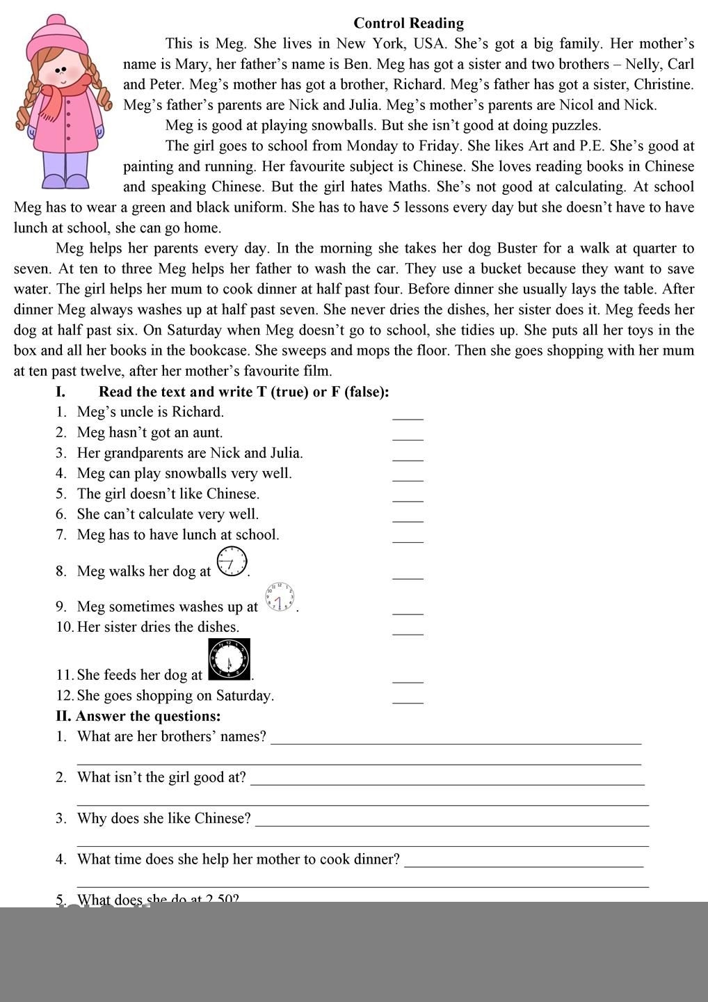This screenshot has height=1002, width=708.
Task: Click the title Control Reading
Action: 408,23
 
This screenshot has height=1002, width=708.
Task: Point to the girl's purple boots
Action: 66,180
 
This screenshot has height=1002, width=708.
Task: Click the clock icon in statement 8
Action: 232,562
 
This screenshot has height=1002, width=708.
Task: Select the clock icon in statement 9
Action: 280,598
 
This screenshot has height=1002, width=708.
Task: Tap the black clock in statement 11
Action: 229,659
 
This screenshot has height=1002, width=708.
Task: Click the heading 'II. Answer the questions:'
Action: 138,716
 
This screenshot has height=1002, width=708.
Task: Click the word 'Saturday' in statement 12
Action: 243,696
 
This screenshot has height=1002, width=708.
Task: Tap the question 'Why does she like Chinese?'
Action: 163,818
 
